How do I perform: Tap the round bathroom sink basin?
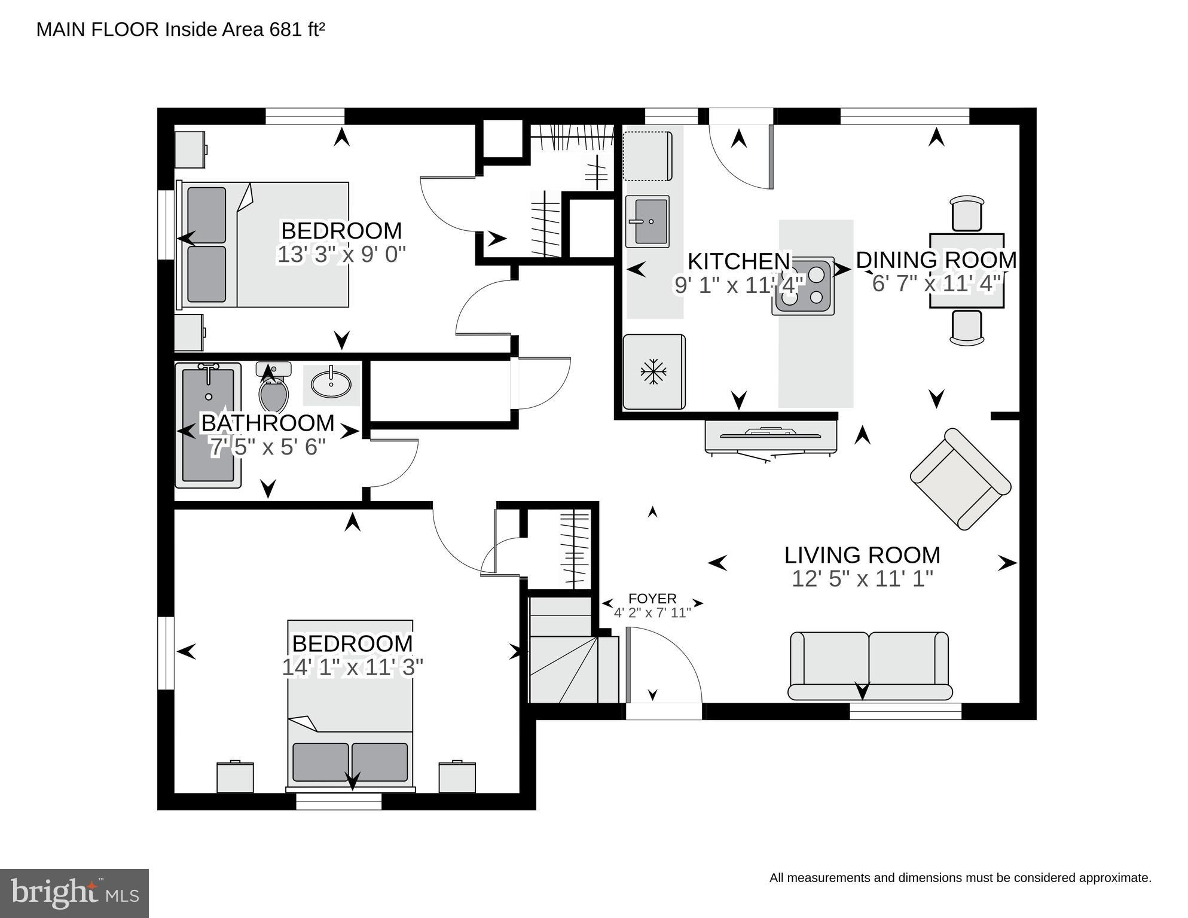[332, 384]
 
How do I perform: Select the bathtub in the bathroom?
[207, 425]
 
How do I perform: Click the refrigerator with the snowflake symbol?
[654, 371]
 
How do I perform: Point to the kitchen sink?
[647, 221]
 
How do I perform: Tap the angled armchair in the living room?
[960, 478]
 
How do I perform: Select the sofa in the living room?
[869, 666]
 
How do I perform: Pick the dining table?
[967, 270]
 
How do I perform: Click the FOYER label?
[652, 599]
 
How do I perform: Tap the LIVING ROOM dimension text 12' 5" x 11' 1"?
[862, 579]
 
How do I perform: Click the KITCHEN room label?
[739, 261]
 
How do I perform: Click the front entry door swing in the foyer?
[664, 664]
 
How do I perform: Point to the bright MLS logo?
[74, 893]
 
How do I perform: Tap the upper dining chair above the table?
[967, 213]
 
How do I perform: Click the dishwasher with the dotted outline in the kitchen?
[648, 156]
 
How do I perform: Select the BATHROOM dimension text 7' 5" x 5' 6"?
[267, 447]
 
